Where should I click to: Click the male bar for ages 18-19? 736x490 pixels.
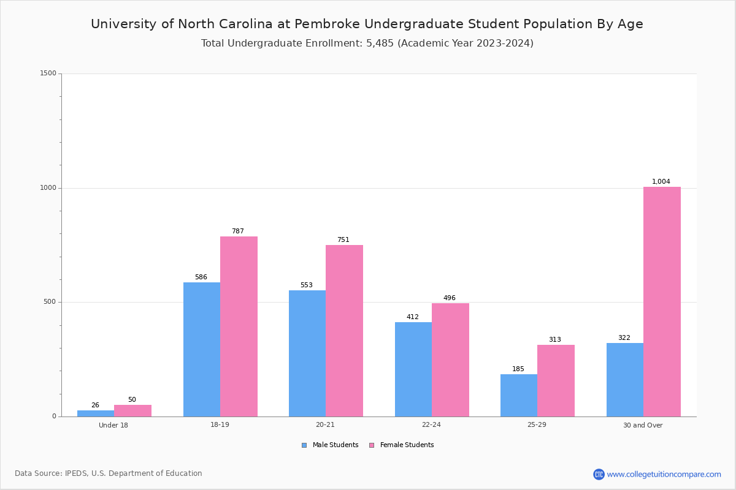pos(201,349)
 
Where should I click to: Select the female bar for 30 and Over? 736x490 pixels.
pos(662,301)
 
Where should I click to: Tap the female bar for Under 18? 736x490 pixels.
pos(132,410)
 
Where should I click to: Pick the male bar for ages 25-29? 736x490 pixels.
pos(518,395)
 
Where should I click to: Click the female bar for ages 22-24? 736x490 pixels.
pos(450,360)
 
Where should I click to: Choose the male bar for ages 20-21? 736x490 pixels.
pos(307,353)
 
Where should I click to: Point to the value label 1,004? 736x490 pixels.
pos(661,181)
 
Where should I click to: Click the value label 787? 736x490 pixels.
pos(237,231)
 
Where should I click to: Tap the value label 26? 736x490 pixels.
pos(95,405)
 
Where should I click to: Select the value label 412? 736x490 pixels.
pos(412,317)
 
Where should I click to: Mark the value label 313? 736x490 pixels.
pos(554,339)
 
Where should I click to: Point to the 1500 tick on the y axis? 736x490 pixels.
pos(48,73)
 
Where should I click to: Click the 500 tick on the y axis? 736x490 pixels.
pos(50,302)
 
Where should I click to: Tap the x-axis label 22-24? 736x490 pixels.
pos(431,425)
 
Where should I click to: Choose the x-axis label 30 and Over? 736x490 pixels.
pos(643,425)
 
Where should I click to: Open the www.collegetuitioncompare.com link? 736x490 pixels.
pos(664,474)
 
